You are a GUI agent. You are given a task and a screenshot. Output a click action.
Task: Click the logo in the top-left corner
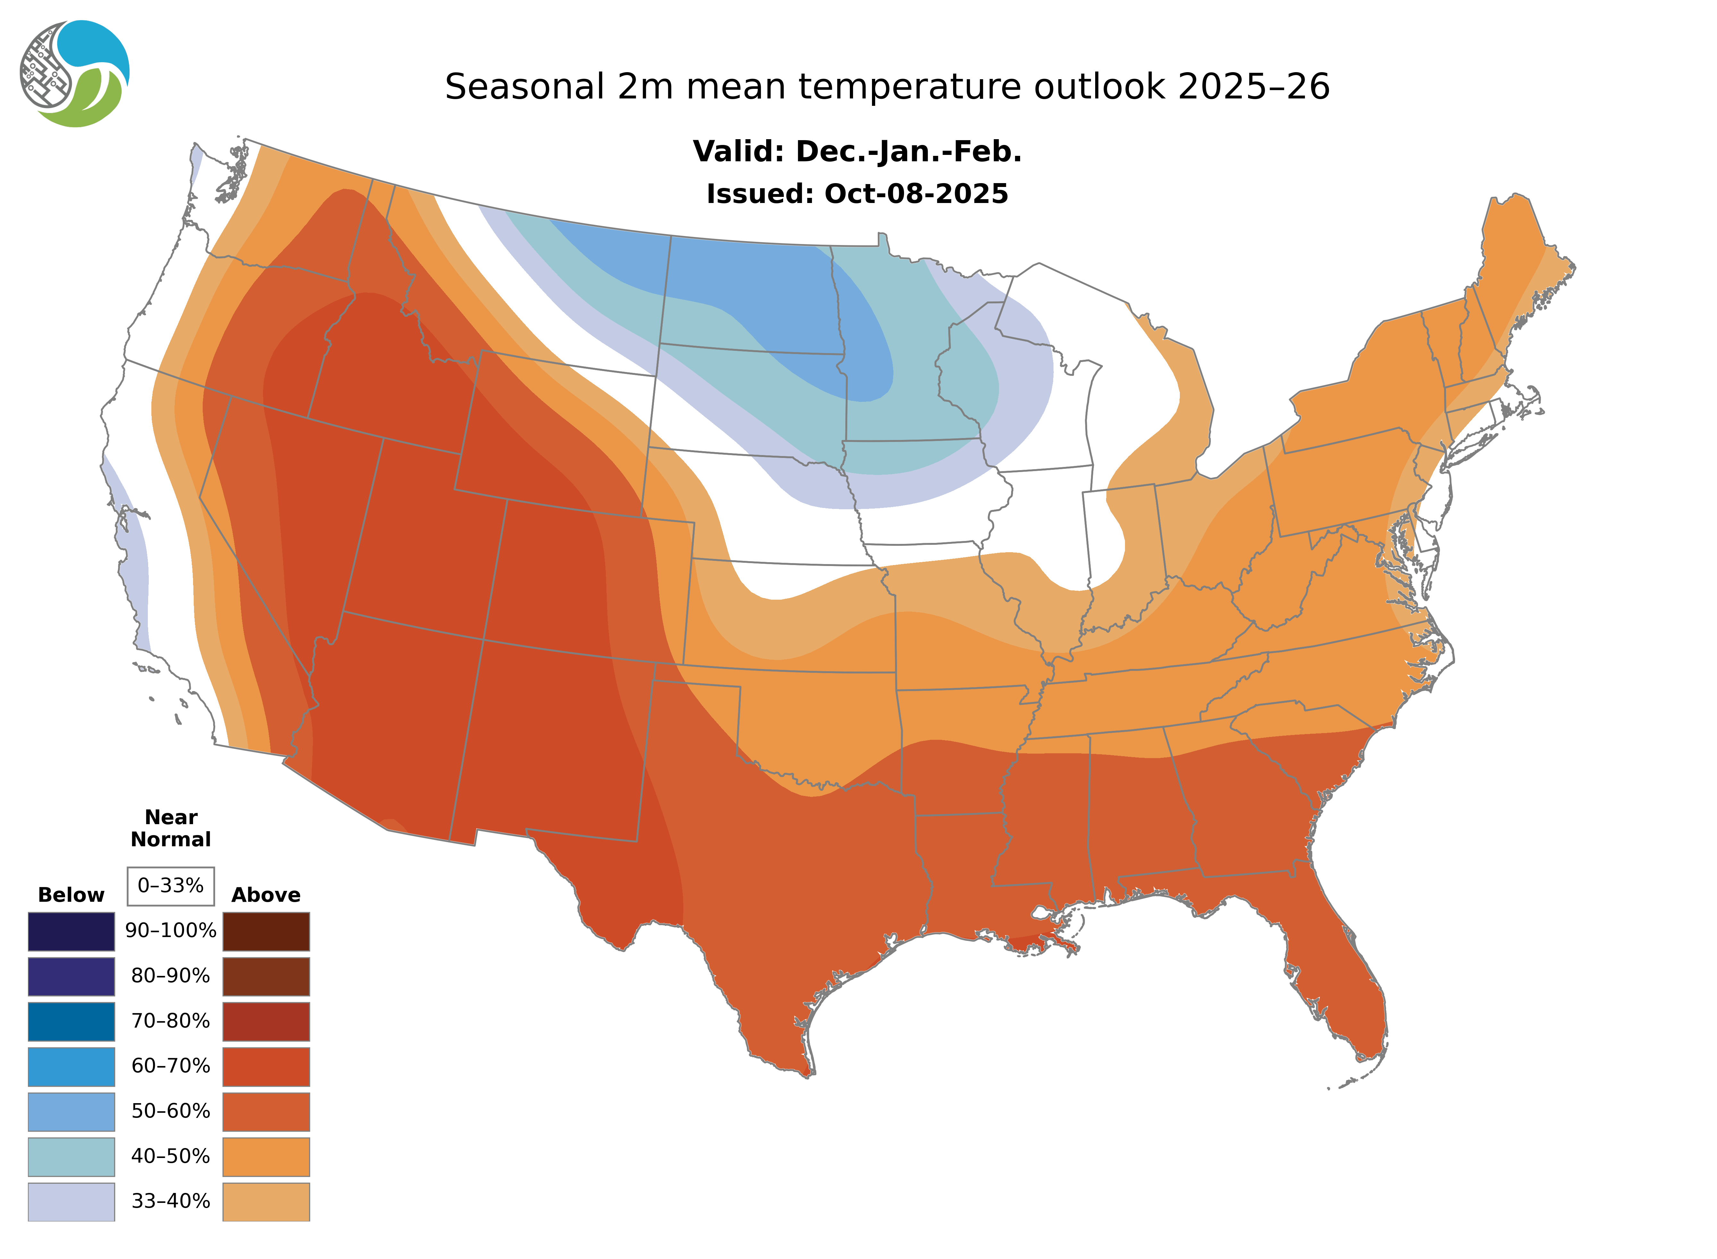click(x=75, y=74)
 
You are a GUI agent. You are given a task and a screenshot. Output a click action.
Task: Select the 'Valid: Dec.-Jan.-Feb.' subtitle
click(x=857, y=152)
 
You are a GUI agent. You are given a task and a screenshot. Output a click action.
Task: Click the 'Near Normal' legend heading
click(x=171, y=828)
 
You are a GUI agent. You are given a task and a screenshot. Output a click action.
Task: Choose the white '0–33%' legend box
click(x=171, y=886)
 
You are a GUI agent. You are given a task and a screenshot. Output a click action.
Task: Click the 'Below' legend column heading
click(x=71, y=895)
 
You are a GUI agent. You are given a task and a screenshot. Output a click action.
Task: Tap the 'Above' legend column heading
click(x=266, y=895)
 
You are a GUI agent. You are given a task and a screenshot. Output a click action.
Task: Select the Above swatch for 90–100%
click(x=266, y=931)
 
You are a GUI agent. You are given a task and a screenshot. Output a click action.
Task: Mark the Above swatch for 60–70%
click(x=266, y=1066)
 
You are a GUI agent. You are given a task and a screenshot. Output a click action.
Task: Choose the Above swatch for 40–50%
click(x=266, y=1156)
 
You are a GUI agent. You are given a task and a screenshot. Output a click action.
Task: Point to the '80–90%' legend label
click(x=171, y=976)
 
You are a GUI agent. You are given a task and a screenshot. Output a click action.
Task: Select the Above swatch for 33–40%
click(x=266, y=1201)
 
